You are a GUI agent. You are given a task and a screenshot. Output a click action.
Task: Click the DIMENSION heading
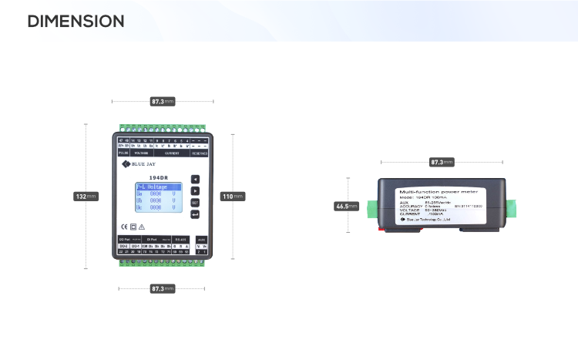(x=76, y=22)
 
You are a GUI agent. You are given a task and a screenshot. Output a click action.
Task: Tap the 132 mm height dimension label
(x=86, y=197)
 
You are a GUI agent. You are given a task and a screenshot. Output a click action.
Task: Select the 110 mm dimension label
(x=233, y=197)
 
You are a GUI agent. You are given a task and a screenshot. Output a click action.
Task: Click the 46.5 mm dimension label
(x=347, y=207)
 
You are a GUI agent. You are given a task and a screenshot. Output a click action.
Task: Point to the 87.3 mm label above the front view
(x=162, y=101)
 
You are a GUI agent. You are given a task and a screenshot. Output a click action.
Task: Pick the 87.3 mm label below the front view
(x=162, y=288)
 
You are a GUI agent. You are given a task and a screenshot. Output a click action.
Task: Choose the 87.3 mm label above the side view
(x=441, y=163)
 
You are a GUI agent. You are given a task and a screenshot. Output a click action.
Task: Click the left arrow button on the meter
(x=196, y=179)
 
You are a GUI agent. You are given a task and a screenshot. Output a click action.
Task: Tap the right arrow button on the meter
(x=196, y=190)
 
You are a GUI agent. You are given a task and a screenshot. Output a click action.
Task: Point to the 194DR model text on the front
(x=159, y=177)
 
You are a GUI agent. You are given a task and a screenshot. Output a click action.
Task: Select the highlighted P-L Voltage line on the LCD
(x=158, y=187)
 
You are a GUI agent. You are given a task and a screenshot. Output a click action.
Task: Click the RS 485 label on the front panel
(x=180, y=240)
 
